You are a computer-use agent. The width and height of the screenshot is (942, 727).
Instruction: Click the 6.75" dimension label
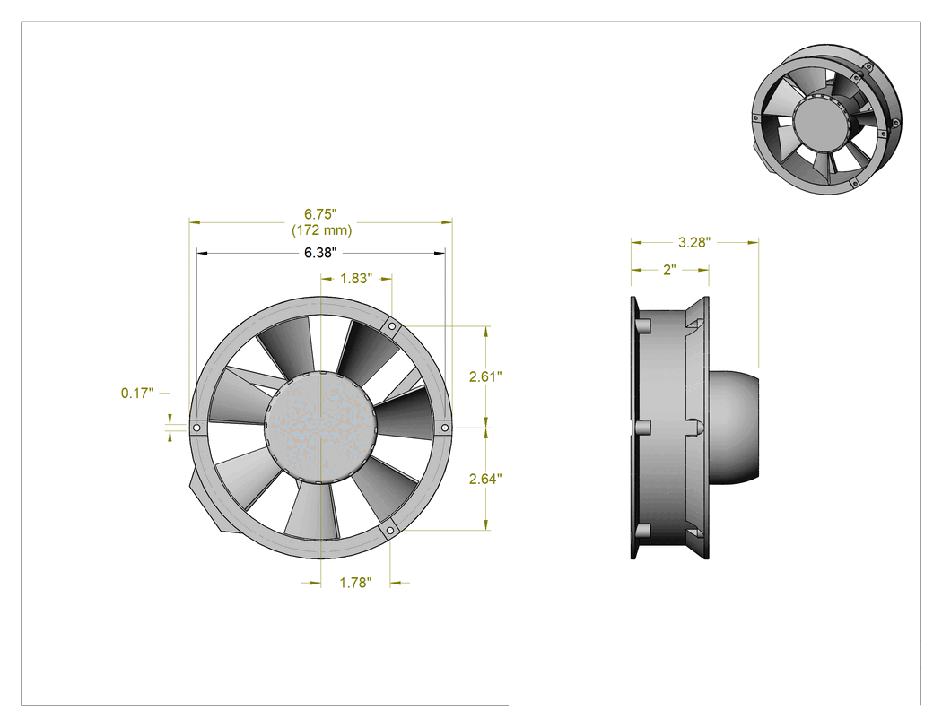(x=320, y=214)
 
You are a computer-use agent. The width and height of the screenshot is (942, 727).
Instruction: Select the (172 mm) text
(x=321, y=229)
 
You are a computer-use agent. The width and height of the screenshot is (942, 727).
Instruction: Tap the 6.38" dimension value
(x=319, y=253)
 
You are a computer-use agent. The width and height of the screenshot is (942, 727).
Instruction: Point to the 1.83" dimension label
(x=356, y=279)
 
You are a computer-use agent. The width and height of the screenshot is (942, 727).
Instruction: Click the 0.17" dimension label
(x=137, y=394)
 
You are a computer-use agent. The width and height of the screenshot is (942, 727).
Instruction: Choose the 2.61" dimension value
(x=485, y=376)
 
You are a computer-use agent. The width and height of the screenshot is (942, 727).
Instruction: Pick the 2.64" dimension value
(x=485, y=479)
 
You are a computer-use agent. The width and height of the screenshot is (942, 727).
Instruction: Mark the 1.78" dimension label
(x=355, y=583)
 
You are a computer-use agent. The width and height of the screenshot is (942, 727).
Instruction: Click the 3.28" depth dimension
(x=694, y=243)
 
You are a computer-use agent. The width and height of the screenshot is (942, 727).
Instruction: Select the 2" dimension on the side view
(x=670, y=270)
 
